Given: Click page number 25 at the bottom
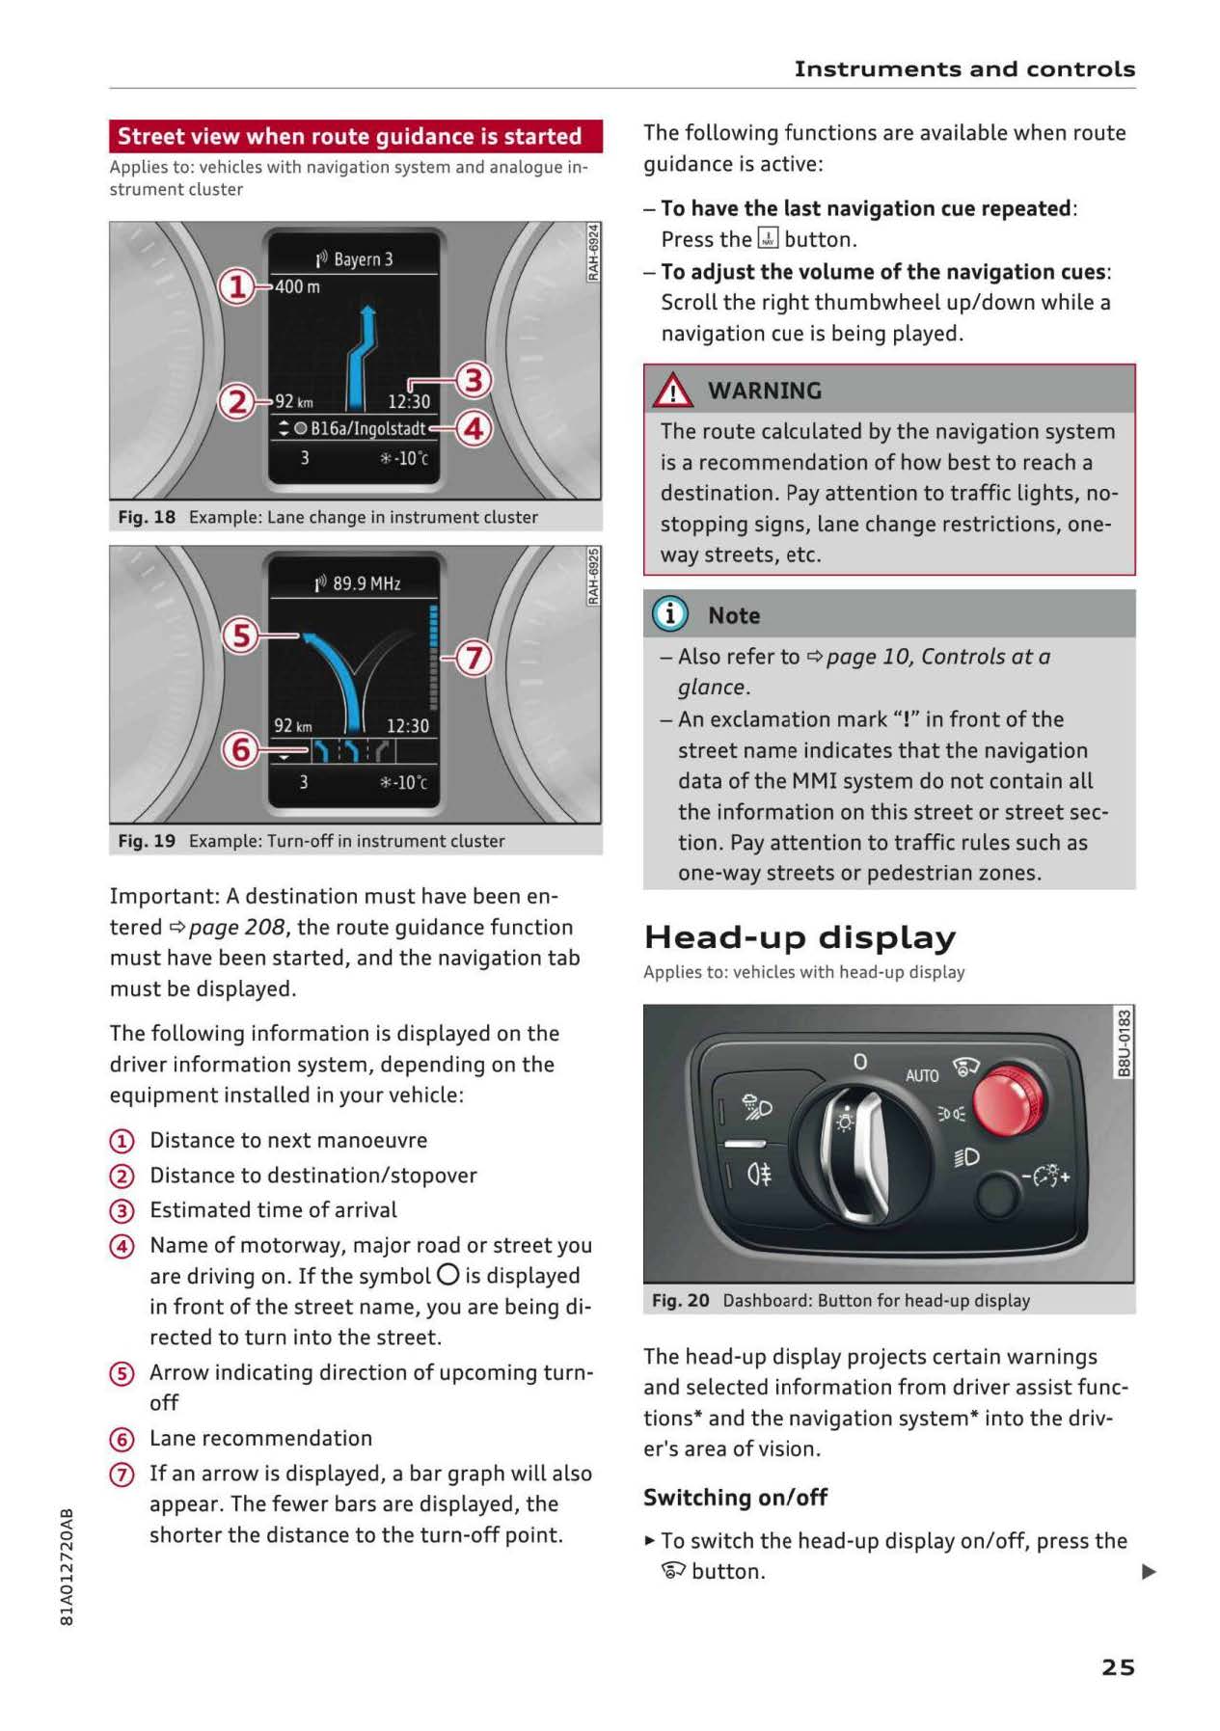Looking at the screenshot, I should [1118, 1666].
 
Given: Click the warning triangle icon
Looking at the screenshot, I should [672, 391].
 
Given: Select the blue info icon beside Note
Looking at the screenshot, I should [669, 614].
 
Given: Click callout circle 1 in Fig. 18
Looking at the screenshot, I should [236, 286].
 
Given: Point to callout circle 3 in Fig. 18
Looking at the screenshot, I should [473, 380].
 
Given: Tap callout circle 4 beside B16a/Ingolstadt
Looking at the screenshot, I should [473, 427].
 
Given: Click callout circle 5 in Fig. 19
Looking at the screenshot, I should [241, 636].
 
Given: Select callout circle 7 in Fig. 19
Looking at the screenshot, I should [473, 658].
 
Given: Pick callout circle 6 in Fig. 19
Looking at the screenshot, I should [241, 749].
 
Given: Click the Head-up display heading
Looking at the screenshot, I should [800, 936].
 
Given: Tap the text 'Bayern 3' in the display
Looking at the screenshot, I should [363, 259].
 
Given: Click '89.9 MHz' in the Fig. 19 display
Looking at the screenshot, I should [366, 583].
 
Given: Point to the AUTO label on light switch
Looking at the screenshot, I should [921, 1074].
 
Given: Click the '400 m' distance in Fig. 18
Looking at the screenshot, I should [298, 286].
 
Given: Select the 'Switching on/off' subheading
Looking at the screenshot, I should [735, 1497].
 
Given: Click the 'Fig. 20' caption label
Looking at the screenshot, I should [680, 1300].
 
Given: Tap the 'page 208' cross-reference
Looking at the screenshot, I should [236, 927].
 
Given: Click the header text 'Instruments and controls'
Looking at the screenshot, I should [964, 69].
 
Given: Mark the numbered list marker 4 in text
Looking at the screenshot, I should [122, 1246].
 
